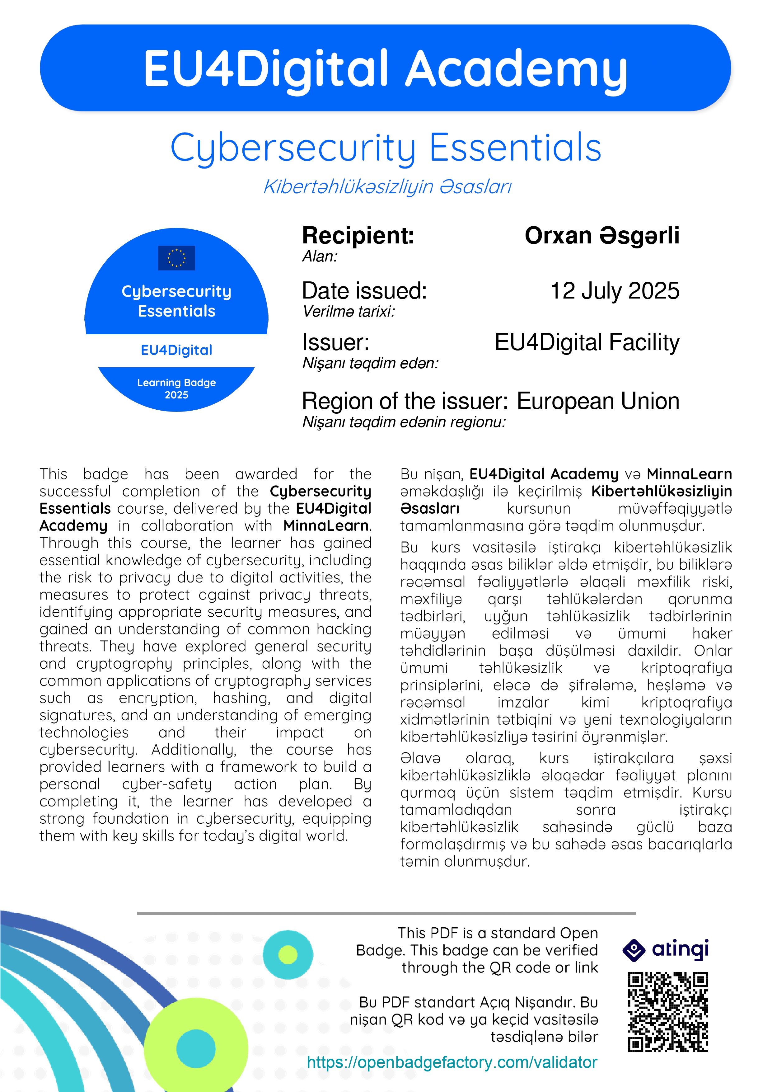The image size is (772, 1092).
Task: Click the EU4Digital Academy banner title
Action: (x=385, y=69)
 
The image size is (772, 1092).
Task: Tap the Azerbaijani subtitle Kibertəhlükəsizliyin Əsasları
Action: (x=387, y=187)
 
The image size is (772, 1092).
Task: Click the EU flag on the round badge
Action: (x=176, y=258)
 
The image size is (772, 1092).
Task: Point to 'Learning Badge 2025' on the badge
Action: (x=176, y=388)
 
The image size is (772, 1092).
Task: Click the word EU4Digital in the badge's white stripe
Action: (x=176, y=350)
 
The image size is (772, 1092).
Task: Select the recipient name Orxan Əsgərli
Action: (x=602, y=235)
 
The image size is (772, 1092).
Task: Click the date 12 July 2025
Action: (x=615, y=291)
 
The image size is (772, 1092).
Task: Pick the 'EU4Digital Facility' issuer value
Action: (x=587, y=342)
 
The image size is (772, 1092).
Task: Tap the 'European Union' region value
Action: (x=598, y=401)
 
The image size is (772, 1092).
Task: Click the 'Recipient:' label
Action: (x=358, y=235)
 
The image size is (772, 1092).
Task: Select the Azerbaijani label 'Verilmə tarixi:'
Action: (x=349, y=312)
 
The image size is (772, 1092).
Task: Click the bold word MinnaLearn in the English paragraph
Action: (x=326, y=525)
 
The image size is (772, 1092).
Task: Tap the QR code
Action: (x=668, y=1012)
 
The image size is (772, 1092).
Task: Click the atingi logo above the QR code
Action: (x=666, y=950)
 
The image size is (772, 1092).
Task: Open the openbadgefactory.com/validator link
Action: (x=452, y=1062)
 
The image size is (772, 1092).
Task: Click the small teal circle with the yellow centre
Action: (x=288, y=954)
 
